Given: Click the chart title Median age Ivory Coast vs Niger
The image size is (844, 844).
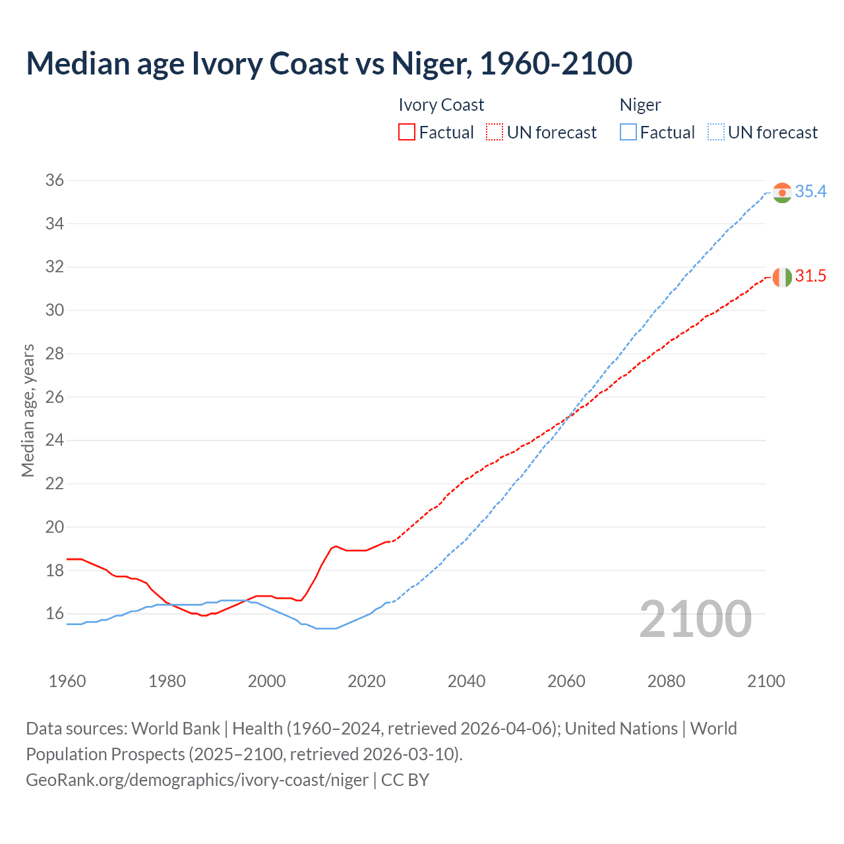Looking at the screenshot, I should point(329,63).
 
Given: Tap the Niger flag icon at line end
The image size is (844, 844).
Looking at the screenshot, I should point(781,193).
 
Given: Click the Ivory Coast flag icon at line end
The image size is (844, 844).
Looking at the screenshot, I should point(781,277).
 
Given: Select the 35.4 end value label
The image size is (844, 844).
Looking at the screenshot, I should point(810,192).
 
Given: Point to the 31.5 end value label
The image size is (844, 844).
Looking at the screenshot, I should point(810,276).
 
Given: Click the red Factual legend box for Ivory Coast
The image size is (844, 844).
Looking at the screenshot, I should point(407,133).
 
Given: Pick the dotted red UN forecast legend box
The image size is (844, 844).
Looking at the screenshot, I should point(495,133).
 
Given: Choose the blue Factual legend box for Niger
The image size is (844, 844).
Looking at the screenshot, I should point(628,133).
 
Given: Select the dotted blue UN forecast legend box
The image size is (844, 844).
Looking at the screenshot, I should point(716,133).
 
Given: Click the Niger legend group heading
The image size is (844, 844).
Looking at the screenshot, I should point(640,105).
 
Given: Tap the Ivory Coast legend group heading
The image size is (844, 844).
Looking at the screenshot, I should point(441,105).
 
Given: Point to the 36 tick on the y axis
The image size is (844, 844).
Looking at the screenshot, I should point(55,181).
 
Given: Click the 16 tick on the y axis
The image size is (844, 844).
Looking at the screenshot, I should point(55,614).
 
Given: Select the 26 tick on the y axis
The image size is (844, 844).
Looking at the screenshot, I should point(55,397).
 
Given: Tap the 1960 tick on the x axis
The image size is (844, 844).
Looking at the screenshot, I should point(67,681).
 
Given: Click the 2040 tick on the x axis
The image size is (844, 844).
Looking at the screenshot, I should point(466,681).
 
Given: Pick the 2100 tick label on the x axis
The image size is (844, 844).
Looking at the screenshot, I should point(766,681).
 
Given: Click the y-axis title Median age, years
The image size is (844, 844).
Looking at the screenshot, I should point(28,410).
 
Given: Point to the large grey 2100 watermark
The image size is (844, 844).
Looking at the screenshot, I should point(695,619).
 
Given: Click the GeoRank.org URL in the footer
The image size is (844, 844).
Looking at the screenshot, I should point(197,780).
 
